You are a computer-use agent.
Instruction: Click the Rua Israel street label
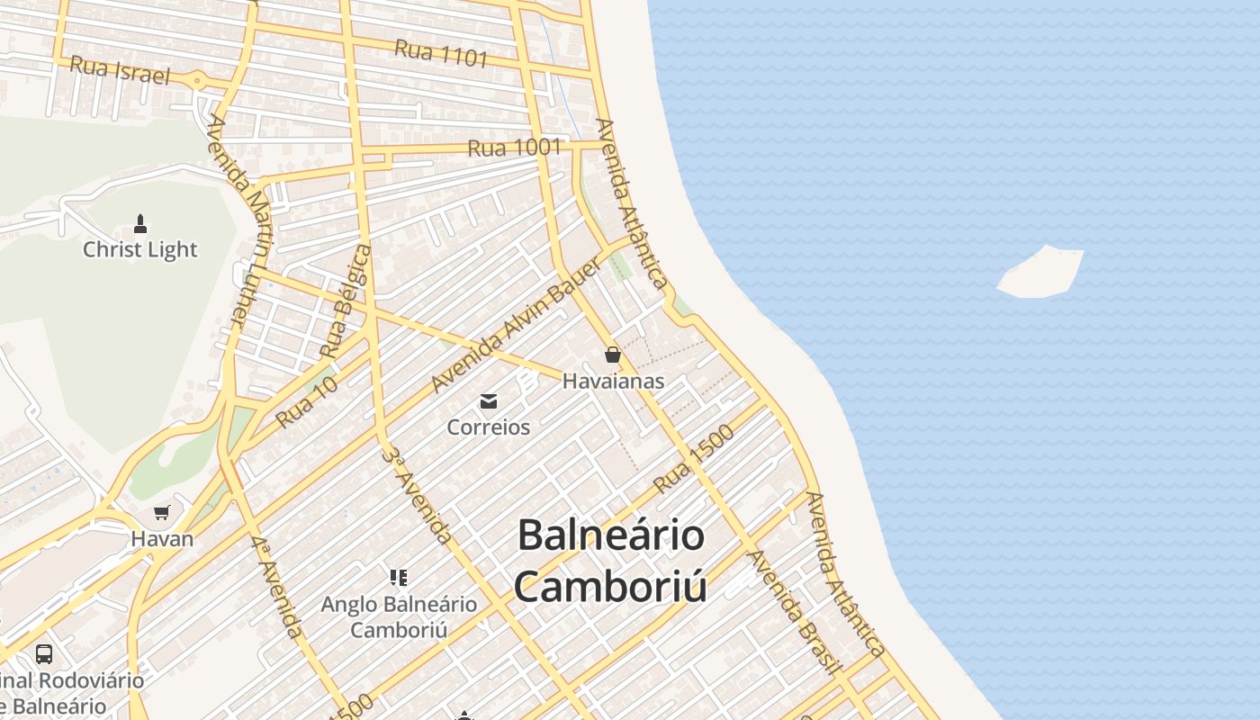point(120,69)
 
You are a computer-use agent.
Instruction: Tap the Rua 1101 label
point(441,53)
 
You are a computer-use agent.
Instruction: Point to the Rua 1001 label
point(515,148)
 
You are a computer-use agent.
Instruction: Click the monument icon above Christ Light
point(140,222)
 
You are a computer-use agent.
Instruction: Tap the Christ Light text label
point(140,249)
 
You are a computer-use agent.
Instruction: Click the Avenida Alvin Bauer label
point(516,325)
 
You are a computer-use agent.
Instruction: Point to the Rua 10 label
point(307,402)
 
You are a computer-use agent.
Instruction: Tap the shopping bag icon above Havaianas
point(613,355)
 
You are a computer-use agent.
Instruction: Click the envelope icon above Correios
point(489,401)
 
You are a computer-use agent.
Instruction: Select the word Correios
point(489,427)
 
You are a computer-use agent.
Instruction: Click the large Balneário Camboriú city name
point(610,561)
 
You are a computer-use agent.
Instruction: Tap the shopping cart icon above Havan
point(162,513)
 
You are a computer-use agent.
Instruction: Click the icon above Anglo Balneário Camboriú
point(399,577)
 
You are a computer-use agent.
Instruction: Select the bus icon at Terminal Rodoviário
point(43,653)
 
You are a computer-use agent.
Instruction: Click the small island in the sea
point(1040,272)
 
